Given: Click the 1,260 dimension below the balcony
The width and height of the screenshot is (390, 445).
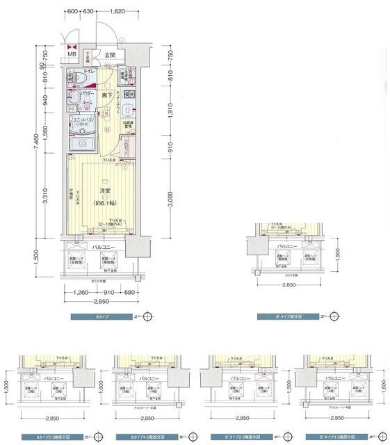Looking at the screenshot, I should click(82, 293).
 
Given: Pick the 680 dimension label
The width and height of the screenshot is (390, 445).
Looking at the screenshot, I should click(129, 293).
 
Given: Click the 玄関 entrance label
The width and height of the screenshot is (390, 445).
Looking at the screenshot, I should click(111, 54).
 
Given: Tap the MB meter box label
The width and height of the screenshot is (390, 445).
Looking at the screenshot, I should click(72, 55).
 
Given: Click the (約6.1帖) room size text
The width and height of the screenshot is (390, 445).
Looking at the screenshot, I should click(105, 203).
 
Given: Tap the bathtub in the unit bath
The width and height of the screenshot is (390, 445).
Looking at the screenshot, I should click(82, 143).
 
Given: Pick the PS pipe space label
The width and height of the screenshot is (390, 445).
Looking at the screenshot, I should click(71, 109).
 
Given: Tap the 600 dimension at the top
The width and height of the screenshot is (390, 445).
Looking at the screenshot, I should click(71, 12).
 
